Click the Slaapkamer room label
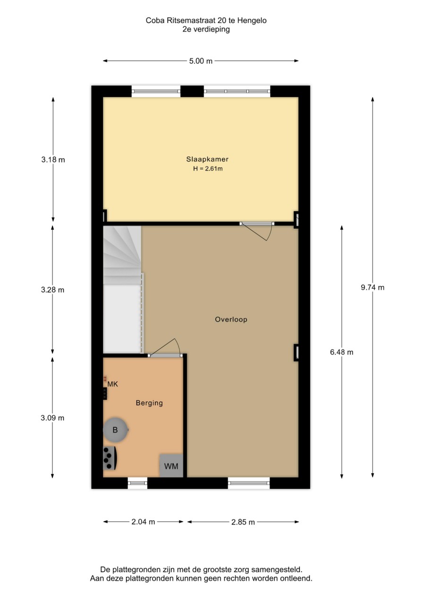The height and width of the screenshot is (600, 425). (x=201, y=159)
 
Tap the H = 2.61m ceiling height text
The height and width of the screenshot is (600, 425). (x=201, y=168)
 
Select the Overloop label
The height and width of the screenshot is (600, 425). (x=231, y=319)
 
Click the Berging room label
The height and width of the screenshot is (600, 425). (x=149, y=403)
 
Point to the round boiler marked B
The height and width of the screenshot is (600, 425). (x=115, y=430)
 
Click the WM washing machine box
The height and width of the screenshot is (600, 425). (x=171, y=466)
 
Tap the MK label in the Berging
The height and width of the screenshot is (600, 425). (x=112, y=384)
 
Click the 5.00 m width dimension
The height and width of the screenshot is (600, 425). (x=201, y=61)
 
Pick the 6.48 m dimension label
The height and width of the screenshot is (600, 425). (x=341, y=351)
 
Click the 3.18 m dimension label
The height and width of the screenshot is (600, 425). (x=53, y=159)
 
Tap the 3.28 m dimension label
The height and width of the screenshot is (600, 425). (x=52, y=290)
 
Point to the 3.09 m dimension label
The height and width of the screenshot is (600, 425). (x=52, y=417)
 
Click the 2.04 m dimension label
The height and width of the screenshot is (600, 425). (x=144, y=522)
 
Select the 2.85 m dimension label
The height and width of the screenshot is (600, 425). (x=243, y=522)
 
